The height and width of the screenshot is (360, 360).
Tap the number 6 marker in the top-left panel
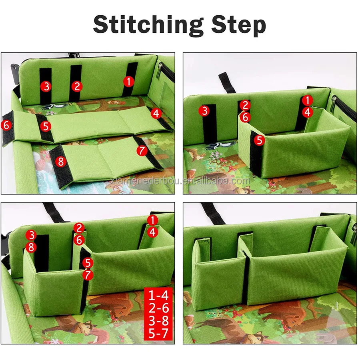point(6,125)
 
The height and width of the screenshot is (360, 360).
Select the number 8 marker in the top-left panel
point(61,162)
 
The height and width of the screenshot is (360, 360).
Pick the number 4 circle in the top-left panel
point(156,114)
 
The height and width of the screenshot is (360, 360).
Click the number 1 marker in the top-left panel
point(128,82)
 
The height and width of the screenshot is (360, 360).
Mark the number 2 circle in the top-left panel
point(77,86)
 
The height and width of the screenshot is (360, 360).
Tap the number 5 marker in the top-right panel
point(260,140)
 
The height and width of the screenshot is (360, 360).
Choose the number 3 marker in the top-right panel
point(205,111)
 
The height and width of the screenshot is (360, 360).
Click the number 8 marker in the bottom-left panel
point(31,248)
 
